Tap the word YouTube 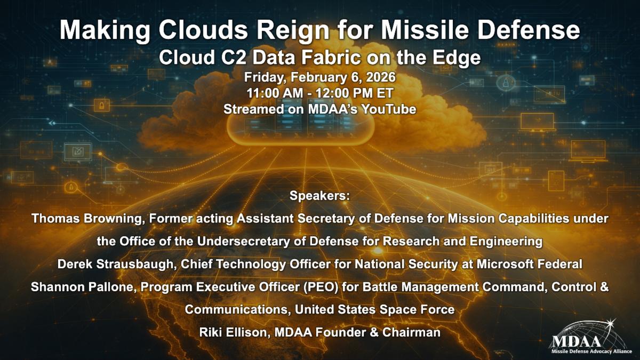click(388, 109)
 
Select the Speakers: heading click(319, 196)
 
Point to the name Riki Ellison click(235, 333)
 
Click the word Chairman click(411, 333)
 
